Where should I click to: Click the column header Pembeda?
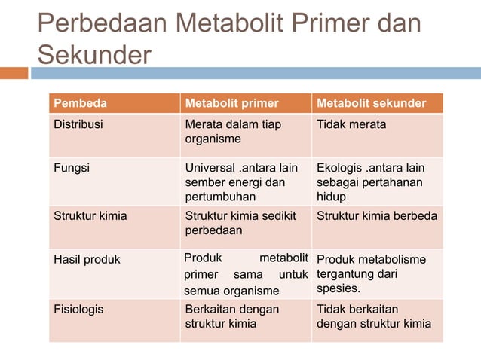[80, 103]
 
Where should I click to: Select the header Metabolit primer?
[232, 103]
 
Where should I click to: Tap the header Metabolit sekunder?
[370, 103]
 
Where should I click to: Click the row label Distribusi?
[78, 124]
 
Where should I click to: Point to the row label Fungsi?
[71, 168]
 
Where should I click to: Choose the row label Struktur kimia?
[90, 216]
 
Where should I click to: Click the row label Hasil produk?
[87, 260]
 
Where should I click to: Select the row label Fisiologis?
[78, 309]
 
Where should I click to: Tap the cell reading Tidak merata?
[352, 124]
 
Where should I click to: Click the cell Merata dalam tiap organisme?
[233, 132]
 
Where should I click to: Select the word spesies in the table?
[338, 288]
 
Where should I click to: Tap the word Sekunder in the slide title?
[94, 55]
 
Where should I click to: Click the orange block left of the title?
[14, 73]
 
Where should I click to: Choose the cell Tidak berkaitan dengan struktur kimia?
[374, 316]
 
